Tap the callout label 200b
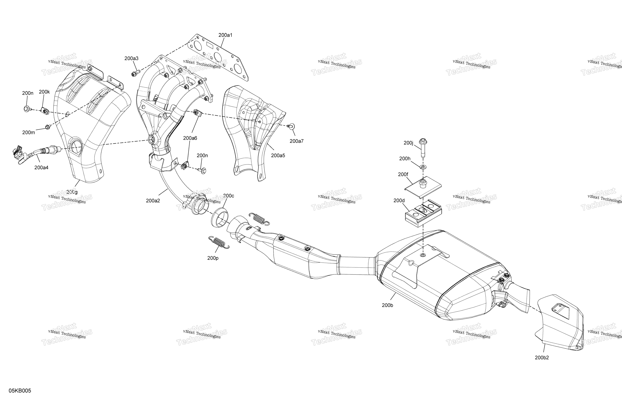(x=387, y=305)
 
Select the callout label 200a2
(x=153, y=201)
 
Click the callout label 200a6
(x=190, y=138)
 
